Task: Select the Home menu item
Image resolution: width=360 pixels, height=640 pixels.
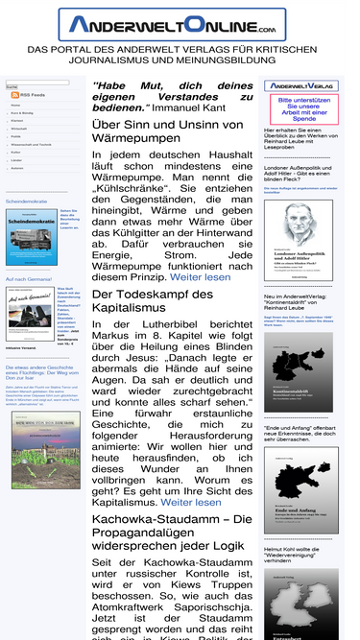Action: click(16, 105)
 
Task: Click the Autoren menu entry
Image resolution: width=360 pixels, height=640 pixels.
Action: click(17, 168)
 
